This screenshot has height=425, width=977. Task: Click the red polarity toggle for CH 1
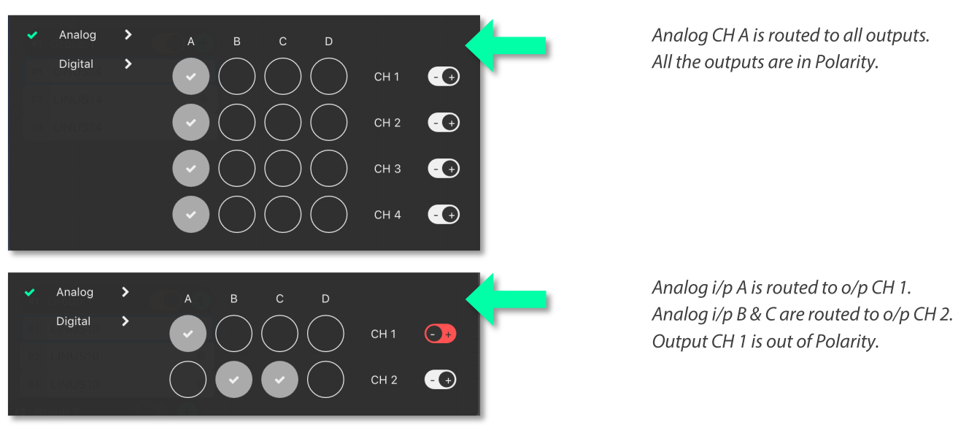[x=440, y=334]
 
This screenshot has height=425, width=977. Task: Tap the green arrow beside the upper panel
[x=506, y=46]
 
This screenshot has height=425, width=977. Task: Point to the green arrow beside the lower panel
[x=506, y=299]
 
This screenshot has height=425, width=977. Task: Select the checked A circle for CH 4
[x=190, y=215]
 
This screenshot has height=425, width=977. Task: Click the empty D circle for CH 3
[x=328, y=169]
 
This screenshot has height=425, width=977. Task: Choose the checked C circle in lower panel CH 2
[x=279, y=380]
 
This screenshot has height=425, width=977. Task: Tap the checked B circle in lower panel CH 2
[x=233, y=380]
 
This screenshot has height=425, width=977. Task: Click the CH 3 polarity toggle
[x=444, y=169]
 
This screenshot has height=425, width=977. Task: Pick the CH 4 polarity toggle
[x=444, y=215]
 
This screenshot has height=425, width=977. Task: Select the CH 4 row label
[x=387, y=215]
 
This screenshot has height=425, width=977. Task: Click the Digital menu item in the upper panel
[x=76, y=64]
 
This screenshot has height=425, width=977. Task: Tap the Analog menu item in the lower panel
[x=74, y=292]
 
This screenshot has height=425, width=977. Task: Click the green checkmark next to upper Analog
[x=32, y=35]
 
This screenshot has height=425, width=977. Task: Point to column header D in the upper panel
[x=328, y=42]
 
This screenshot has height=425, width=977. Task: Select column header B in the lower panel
[x=233, y=299]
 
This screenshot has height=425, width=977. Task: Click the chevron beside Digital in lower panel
[x=125, y=321]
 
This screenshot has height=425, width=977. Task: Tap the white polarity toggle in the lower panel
[x=441, y=380]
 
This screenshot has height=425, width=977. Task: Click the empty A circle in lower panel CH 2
[x=188, y=380]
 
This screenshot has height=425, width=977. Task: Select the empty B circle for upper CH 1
[x=236, y=77]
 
